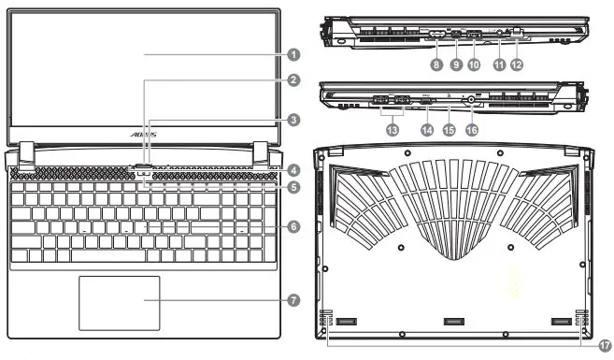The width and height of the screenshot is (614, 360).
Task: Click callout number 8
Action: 436,65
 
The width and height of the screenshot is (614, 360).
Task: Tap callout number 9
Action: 456,65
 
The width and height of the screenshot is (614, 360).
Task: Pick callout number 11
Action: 498,65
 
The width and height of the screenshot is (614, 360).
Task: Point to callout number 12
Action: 516,65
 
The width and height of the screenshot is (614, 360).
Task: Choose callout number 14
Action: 427,131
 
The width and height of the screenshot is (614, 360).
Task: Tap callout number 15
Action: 449,131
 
